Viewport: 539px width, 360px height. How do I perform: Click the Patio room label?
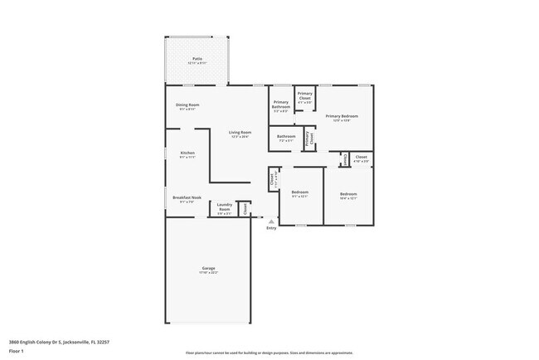click(x=197, y=59)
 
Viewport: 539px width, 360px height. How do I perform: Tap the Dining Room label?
click(x=187, y=105)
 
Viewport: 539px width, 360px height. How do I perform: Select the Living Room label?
click(x=240, y=132)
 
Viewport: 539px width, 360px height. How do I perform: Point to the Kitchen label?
click(x=187, y=153)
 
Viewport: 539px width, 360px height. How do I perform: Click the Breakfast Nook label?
click(x=187, y=197)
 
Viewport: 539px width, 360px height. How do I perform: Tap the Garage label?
click(x=208, y=268)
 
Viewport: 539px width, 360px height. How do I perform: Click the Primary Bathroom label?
click(x=281, y=105)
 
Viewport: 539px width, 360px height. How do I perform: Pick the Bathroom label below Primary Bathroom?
click(x=286, y=136)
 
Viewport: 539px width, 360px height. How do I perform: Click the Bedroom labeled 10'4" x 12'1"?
click(x=347, y=193)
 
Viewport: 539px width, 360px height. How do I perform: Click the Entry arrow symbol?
click(x=270, y=220)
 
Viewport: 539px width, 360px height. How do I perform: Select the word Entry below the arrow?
click(x=271, y=228)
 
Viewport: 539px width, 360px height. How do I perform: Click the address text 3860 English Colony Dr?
click(x=59, y=341)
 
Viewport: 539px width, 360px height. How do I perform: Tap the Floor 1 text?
click(x=16, y=351)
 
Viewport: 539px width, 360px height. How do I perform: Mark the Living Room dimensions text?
click(x=240, y=136)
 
